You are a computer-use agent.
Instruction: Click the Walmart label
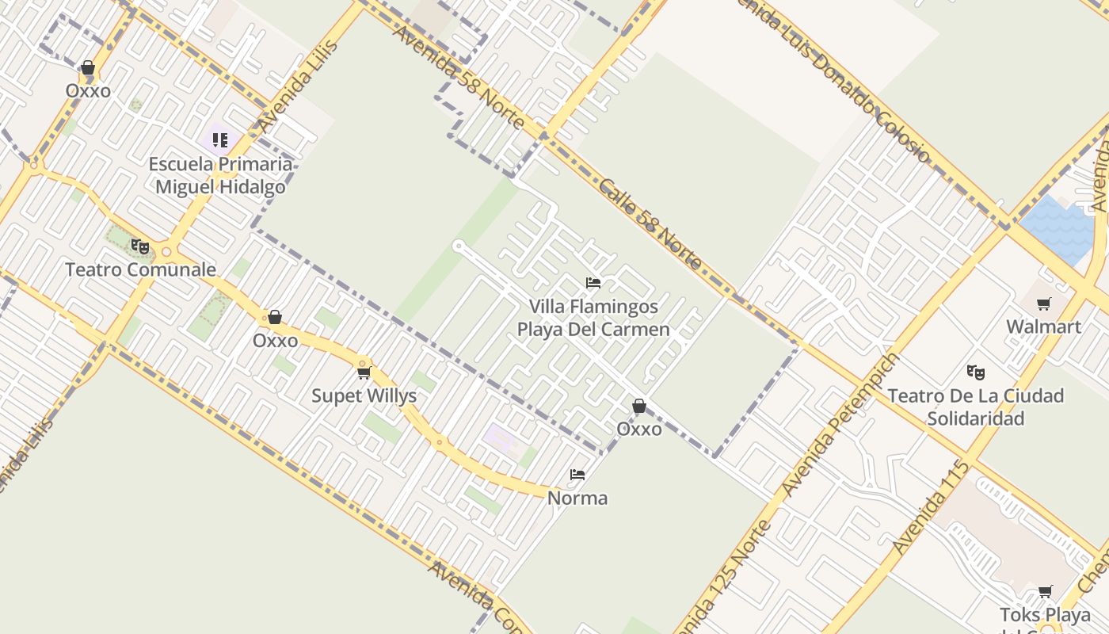(x=1043, y=327)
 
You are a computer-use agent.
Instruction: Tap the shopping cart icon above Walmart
(x=1044, y=304)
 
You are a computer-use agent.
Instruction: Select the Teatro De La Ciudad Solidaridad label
(x=975, y=407)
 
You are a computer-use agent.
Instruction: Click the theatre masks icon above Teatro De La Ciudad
(x=976, y=372)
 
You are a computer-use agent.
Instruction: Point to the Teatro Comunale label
(x=140, y=269)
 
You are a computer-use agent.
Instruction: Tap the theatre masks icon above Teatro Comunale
(x=140, y=246)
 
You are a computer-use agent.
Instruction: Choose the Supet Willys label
(x=364, y=395)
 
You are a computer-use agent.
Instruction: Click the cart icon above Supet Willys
(x=364, y=372)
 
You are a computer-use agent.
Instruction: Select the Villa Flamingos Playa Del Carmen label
(x=593, y=318)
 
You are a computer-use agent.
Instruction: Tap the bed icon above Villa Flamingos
(x=593, y=283)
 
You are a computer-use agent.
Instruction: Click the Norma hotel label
(x=577, y=498)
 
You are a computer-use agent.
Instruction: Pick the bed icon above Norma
(x=577, y=475)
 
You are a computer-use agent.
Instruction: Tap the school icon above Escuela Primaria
(x=220, y=140)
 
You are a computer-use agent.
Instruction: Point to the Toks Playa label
(x=1045, y=616)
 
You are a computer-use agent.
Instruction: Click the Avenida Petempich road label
(x=840, y=424)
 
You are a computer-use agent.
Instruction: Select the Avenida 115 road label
(x=931, y=507)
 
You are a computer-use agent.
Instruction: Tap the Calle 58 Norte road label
(x=650, y=224)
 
